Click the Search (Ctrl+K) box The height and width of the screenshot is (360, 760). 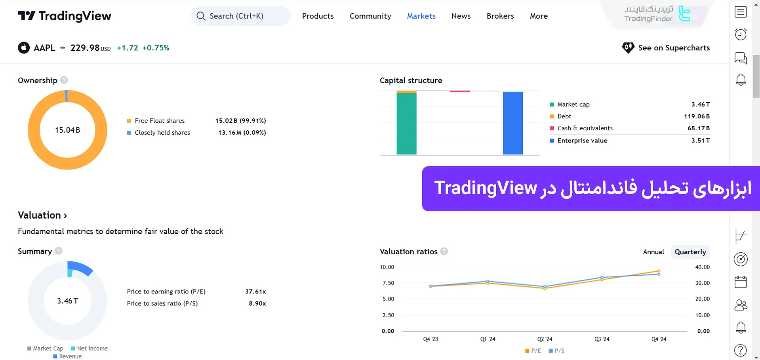coord(240,16)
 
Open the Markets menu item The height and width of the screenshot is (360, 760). coord(421,16)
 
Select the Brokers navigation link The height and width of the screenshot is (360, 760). coord(500,16)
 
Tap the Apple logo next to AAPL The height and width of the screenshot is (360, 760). coord(24,48)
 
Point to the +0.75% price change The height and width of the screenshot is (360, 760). coord(156,48)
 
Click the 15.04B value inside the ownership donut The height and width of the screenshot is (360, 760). coord(67,130)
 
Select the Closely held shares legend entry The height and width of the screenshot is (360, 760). coord(162,133)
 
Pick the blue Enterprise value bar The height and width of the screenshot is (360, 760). coord(512,123)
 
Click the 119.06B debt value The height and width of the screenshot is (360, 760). coord(697,116)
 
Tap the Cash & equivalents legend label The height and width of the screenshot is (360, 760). coord(585,128)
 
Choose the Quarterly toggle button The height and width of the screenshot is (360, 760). coord(690,252)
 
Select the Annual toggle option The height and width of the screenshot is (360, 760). coord(653,252)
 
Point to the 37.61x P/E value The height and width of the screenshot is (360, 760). coord(255,291)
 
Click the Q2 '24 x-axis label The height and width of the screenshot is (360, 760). coord(545,339)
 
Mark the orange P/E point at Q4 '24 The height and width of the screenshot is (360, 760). coord(659,271)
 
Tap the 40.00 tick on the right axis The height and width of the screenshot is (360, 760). coord(702,267)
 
